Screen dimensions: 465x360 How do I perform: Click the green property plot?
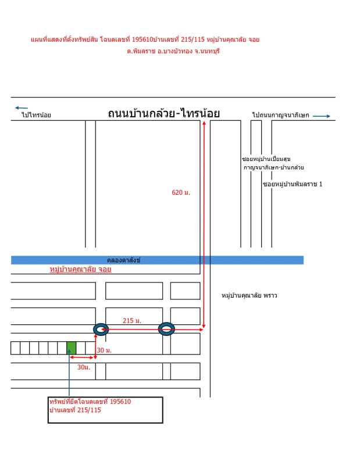click(x=71, y=348)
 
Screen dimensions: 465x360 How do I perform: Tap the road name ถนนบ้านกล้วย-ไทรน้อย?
click(x=163, y=114)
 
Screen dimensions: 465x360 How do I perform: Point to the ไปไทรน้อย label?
click(x=36, y=115)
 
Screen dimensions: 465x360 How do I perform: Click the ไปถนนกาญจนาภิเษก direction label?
click(x=280, y=115)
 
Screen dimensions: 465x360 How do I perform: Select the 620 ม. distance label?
click(x=181, y=192)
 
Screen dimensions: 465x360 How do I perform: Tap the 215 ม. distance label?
click(x=132, y=321)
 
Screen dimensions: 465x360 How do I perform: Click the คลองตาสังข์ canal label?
click(x=123, y=260)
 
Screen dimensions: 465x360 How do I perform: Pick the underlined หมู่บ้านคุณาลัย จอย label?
click(x=80, y=269)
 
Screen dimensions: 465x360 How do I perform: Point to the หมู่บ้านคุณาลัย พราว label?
click(x=249, y=295)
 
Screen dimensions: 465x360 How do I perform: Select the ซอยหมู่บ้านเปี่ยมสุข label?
click(x=266, y=159)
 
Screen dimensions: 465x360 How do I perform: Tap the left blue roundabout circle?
click(x=101, y=330)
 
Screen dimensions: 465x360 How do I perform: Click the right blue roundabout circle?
click(x=166, y=330)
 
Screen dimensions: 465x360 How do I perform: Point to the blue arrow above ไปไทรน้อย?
click(x=22, y=108)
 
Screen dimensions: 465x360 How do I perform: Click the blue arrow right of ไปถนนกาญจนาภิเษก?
click(x=321, y=116)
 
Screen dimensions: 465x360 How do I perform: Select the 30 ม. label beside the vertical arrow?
click(x=104, y=350)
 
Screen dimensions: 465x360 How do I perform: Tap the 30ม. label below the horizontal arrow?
click(x=84, y=367)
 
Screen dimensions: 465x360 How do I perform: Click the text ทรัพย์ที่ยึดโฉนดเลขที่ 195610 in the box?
click(x=90, y=402)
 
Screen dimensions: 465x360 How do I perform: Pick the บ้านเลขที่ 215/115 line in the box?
click(x=76, y=410)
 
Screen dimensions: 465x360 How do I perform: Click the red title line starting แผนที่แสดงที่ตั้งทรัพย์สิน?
click(x=145, y=40)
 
